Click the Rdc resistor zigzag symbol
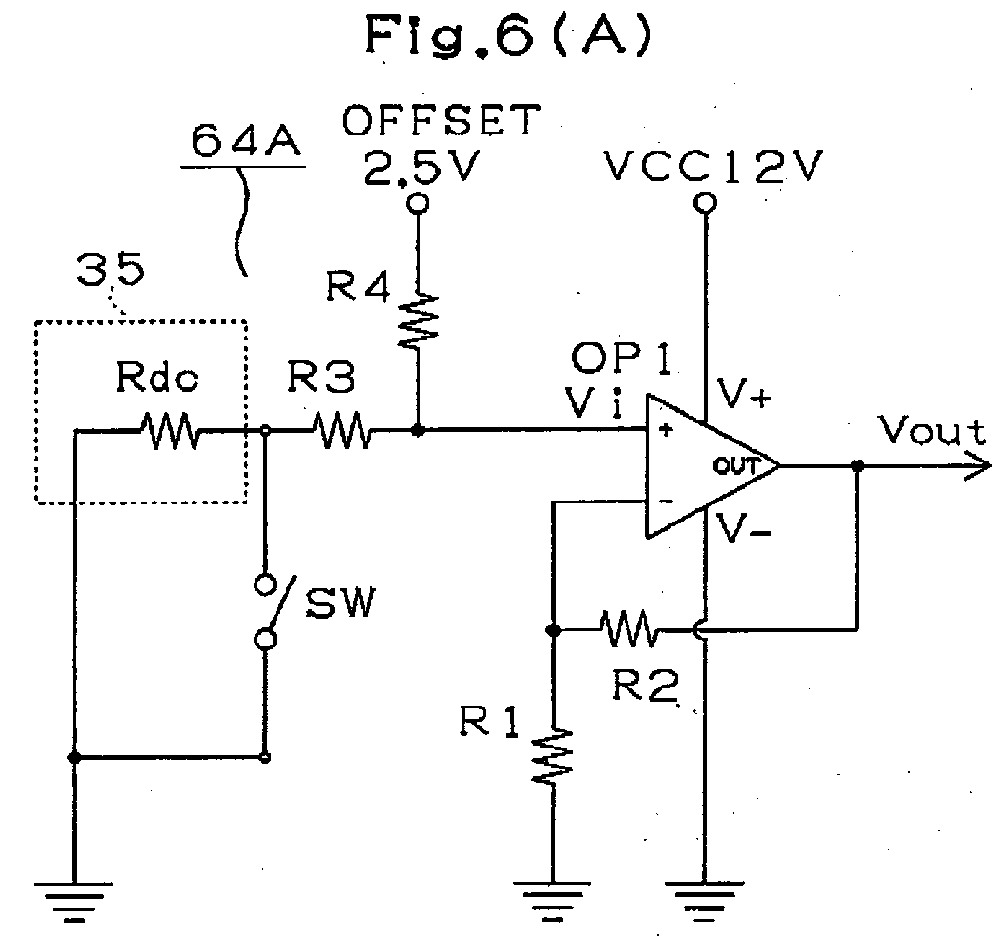(x=170, y=430)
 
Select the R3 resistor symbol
(x=341, y=430)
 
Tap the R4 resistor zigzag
(x=418, y=321)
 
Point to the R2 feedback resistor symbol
(x=629, y=629)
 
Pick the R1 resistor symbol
(x=552, y=755)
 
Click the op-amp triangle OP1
(x=713, y=465)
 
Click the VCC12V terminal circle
(x=705, y=203)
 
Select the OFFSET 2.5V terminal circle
(x=418, y=203)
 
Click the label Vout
(x=933, y=431)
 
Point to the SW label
(x=339, y=603)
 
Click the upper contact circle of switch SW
(x=265, y=584)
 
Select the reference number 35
(x=111, y=270)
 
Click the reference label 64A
(x=245, y=142)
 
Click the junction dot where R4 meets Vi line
(x=418, y=430)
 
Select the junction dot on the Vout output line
(x=856, y=465)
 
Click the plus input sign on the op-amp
(x=666, y=430)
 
